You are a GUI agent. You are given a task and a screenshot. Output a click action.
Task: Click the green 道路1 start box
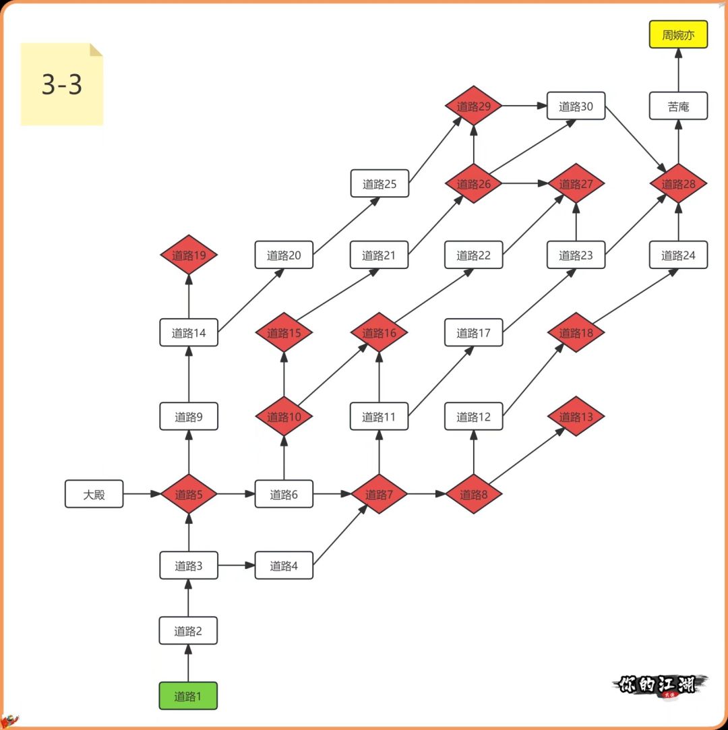click(188, 696)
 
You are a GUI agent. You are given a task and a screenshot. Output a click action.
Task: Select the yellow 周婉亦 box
click(678, 34)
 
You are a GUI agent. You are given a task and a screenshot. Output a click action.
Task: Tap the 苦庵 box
click(678, 106)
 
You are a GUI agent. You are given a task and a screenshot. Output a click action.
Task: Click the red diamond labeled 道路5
click(189, 494)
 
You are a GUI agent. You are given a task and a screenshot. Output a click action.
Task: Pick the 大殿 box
click(94, 494)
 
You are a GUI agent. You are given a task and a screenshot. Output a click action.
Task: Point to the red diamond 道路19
click(189, 255)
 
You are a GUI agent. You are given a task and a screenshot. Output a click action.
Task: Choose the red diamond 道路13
click(576, 417)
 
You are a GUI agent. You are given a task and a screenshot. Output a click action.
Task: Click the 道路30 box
click(576, 106)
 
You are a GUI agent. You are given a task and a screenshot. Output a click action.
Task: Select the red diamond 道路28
click(678, 183)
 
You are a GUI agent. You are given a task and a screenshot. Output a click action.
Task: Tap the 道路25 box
click(380, 183)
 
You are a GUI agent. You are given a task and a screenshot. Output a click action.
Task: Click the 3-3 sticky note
click(61, 84)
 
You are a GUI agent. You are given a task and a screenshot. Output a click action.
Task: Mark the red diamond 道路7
click(379, 494)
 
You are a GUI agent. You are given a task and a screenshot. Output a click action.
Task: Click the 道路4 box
click(284, 566)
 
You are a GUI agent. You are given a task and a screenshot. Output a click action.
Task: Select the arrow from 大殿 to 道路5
click(142, 494)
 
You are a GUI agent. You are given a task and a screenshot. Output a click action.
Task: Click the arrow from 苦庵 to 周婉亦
click(678, 70)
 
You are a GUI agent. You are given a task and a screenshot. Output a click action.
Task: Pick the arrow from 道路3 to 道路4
click(237, 566)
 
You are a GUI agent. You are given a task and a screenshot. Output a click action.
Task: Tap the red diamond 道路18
click(576, 332)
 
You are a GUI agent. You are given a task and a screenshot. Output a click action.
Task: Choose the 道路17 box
click(474, 332)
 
